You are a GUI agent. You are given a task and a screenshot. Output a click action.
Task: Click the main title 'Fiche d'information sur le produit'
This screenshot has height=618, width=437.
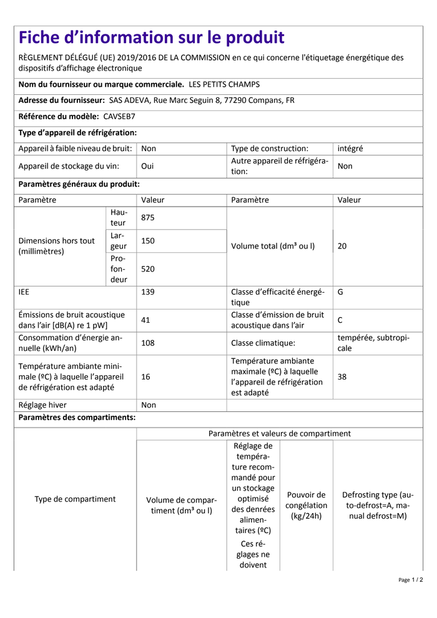click(151, 37)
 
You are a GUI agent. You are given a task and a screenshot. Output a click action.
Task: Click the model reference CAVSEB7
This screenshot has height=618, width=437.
click(119, 116)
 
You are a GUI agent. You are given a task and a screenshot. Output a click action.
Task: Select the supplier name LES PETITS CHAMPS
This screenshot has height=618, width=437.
click(223, 84)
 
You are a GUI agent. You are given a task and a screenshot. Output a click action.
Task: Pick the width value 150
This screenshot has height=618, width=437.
click(148, 241)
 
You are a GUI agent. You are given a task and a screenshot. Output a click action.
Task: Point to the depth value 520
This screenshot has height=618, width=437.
click(148, 269)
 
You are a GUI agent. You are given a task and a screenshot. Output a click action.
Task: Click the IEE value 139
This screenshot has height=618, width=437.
click(148, 291)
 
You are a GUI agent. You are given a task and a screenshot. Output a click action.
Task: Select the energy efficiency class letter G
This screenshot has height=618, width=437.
click(340, 291)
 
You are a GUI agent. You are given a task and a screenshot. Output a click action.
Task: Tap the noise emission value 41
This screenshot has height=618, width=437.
click(146, 320)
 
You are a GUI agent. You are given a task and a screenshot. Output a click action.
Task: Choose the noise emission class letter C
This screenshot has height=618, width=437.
click(340, 320)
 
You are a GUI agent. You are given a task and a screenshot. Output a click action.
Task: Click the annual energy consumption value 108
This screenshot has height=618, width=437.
click(148, 343)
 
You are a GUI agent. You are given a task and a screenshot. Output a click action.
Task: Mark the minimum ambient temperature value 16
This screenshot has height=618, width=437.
click(146, 377)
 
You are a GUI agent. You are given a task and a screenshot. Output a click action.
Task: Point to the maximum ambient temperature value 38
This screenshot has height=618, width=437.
click(342, 377)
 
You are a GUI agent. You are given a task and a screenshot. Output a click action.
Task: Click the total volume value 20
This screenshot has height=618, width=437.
click(342, 246)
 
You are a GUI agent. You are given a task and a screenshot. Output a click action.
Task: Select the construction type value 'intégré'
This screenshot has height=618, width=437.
click(350, 149)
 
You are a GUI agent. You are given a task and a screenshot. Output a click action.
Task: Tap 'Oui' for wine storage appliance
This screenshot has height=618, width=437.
click(148, 166)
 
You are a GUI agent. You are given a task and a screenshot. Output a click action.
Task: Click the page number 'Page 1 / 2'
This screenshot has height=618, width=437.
click(410, 580)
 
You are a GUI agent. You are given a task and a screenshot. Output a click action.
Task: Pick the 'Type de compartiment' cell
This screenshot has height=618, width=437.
click(75, 499)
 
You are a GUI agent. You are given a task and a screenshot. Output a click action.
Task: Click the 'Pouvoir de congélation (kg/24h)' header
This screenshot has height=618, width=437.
click(306, 505)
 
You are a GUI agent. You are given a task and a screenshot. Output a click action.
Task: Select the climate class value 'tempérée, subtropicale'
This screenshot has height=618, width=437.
click(373, 343)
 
